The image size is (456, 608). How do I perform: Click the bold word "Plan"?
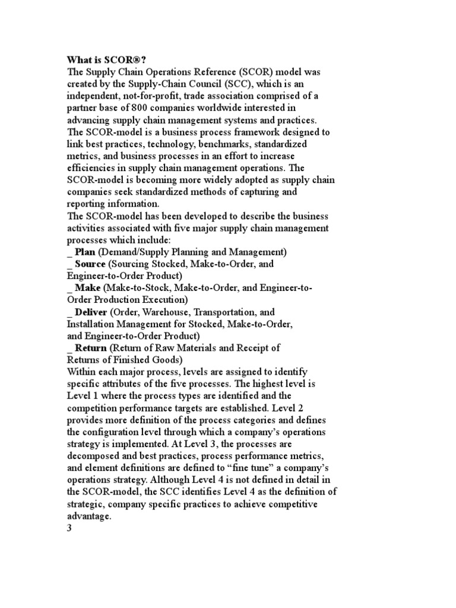85,252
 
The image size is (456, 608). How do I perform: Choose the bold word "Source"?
90,264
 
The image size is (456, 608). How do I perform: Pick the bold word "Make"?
88,287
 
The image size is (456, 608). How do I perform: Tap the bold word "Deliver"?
91,312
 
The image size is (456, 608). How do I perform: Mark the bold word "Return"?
91,348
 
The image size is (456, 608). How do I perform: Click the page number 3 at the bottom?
69,529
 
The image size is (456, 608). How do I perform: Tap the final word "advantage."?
89,517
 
